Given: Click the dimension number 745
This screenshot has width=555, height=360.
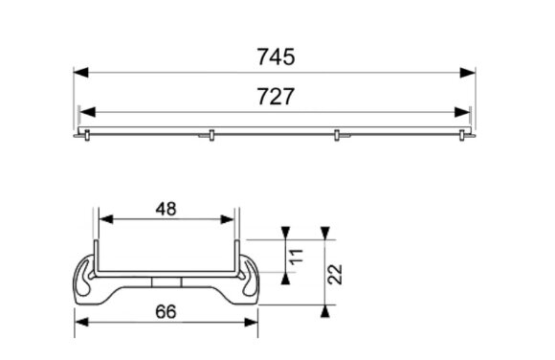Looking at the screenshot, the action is [276, 56].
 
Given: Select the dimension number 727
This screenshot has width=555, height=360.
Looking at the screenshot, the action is [276, 97].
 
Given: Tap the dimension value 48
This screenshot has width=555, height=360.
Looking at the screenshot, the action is [166, 209].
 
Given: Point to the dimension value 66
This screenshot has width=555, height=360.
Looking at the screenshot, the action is [166, 312].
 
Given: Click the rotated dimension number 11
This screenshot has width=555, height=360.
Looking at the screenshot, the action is [297, 256].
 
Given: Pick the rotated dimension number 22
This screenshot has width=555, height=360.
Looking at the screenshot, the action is [335, 274].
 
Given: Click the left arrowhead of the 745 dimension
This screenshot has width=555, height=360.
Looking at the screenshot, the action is [81, 73].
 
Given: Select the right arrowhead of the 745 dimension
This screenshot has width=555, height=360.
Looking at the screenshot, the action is [467, 73].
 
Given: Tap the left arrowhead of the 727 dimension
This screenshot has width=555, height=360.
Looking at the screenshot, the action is [88, 112].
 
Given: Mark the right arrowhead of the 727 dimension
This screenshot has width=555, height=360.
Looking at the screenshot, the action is [462, 112].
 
